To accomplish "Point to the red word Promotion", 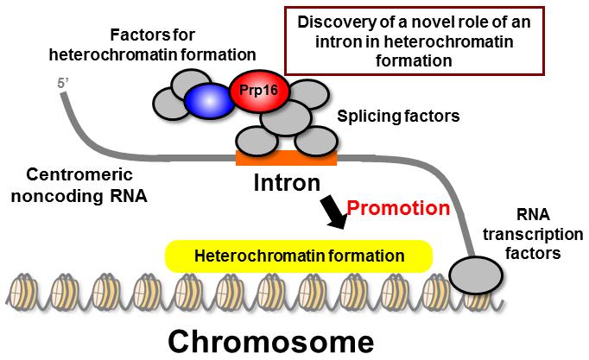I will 398,208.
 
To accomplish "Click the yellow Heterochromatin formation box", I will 298,256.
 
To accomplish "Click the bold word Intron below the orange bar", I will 286,183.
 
